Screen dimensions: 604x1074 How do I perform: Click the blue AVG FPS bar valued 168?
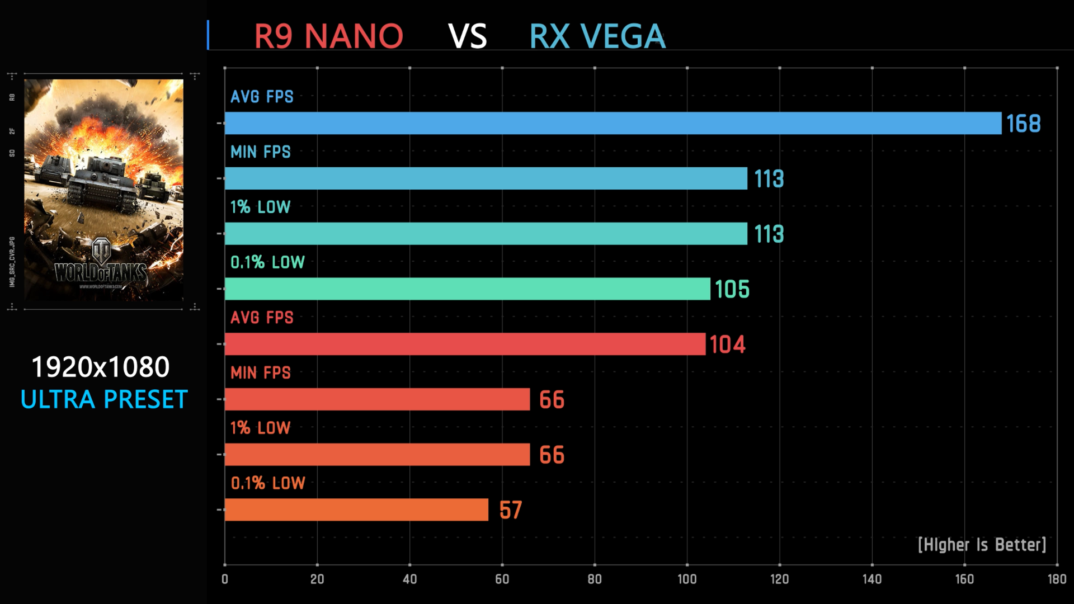613,123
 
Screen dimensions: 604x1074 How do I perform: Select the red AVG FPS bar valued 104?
465,344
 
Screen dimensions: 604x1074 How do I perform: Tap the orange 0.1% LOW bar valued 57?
356,509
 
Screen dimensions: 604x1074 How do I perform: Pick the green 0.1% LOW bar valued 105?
467,289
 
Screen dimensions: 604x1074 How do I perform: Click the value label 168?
1023,124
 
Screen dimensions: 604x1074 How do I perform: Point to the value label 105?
732,289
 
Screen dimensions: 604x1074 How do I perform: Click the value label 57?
510,510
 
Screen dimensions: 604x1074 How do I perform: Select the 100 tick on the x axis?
687,579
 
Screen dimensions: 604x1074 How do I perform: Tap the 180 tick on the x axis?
1057,579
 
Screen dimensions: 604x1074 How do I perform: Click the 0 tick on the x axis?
225,579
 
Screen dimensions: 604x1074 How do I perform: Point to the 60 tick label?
502,579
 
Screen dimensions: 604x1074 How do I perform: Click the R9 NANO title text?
328,36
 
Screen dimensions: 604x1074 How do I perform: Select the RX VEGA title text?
597,36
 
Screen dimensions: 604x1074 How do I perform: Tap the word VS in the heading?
468,36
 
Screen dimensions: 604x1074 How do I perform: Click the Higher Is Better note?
982,545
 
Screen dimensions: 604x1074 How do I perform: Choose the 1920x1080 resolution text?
101,367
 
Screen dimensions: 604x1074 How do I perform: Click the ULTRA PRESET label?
104,399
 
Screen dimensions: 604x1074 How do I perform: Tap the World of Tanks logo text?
101,272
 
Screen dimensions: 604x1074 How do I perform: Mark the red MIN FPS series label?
261,372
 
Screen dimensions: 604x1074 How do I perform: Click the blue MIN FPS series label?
261,152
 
